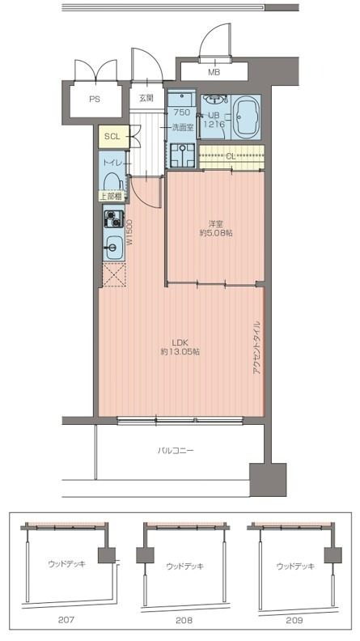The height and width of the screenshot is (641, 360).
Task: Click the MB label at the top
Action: (214, 73)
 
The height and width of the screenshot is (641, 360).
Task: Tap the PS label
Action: (95, 99)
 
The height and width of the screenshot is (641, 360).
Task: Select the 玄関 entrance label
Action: (146, 98)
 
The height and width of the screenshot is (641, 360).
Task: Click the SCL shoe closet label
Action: (112, 137)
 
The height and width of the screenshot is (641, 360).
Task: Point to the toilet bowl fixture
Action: (111, 182)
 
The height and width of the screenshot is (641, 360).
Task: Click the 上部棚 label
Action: (111, 197)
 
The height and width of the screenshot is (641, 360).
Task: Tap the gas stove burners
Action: (112, 219)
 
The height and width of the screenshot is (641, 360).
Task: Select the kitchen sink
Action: (112, 247)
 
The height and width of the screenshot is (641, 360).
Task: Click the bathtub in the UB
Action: (246, 117)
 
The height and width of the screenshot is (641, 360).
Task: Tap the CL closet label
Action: (231, 156)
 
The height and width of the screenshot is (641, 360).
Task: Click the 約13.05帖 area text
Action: (180, 351)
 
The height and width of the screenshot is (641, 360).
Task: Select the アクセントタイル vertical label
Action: (256, 348)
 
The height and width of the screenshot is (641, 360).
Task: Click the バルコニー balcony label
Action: (176, 451)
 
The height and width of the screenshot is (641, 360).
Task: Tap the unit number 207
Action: (66, 620)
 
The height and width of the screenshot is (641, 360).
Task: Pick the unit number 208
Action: (184, 620)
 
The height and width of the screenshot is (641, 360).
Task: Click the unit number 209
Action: (294, 620)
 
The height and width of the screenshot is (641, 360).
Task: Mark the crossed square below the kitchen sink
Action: (113, 274)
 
